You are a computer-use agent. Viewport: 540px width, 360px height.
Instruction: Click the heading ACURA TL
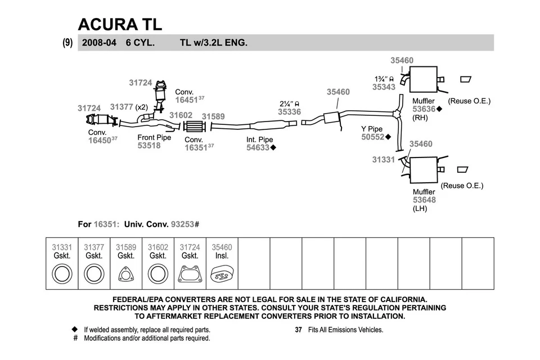pos(120,24)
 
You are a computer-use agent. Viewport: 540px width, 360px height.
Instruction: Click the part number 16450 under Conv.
pos(99,141)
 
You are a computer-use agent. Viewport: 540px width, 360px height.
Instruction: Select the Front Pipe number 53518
pos(149,146)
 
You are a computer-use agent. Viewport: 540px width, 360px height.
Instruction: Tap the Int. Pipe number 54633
pos(258,148)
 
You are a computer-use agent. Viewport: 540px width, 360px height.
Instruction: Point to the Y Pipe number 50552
pos(372,137)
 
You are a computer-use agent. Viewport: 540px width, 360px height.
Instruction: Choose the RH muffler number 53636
pos(424,109)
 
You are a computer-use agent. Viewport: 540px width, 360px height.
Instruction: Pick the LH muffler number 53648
pos(424,200)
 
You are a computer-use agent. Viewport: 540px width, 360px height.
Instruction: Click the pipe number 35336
pos(289,112)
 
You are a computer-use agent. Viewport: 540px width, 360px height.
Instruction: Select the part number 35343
pos(384,87)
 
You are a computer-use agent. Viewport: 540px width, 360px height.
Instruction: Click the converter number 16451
pos(186,100)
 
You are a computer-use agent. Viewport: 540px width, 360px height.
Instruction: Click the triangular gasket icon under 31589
pos(125,275)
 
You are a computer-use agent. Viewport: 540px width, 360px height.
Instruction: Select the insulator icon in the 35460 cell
pos(222,275)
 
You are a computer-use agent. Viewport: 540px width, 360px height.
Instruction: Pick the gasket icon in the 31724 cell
pos(190,275)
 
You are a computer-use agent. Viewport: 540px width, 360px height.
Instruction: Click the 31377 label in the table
pos(94,247)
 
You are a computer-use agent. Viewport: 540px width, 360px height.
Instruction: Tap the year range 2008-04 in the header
pos(99,42)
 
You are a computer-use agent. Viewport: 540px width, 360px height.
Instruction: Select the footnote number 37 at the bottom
pos(299,330)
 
